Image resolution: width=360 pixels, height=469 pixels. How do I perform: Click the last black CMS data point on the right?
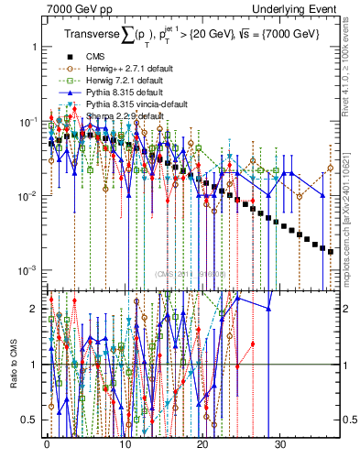pyautogui.click(x=331, y=250)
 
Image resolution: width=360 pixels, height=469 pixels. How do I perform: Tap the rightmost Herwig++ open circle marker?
pyautogui.click(x=331, y=168)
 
